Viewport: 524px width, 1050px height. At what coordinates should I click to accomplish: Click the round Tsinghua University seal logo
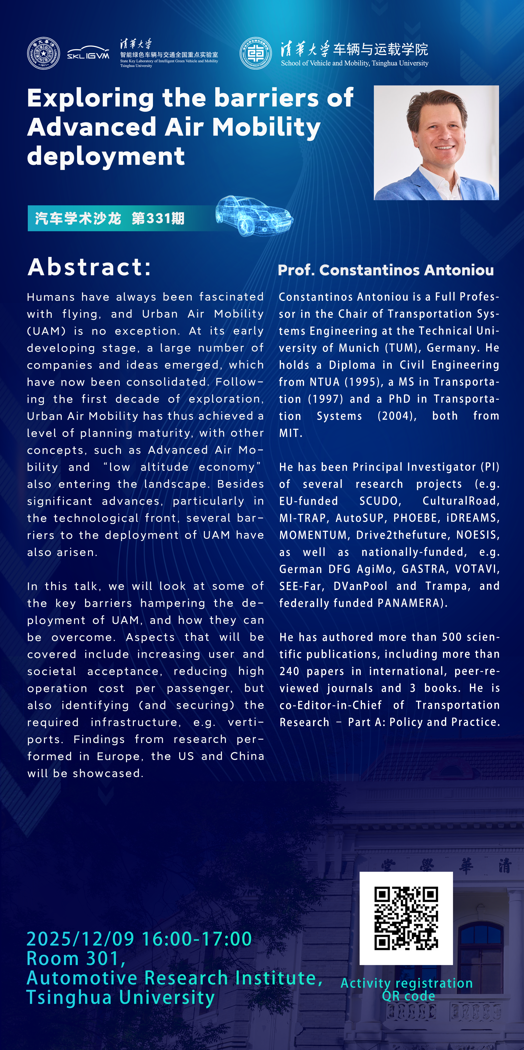[x=43, y=53]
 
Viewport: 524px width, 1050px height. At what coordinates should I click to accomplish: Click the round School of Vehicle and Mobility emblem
[x=256, y=53]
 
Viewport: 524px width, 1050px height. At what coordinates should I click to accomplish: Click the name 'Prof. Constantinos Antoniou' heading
[x=385, y=270]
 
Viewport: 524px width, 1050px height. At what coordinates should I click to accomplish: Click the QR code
[x=406, y=918]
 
